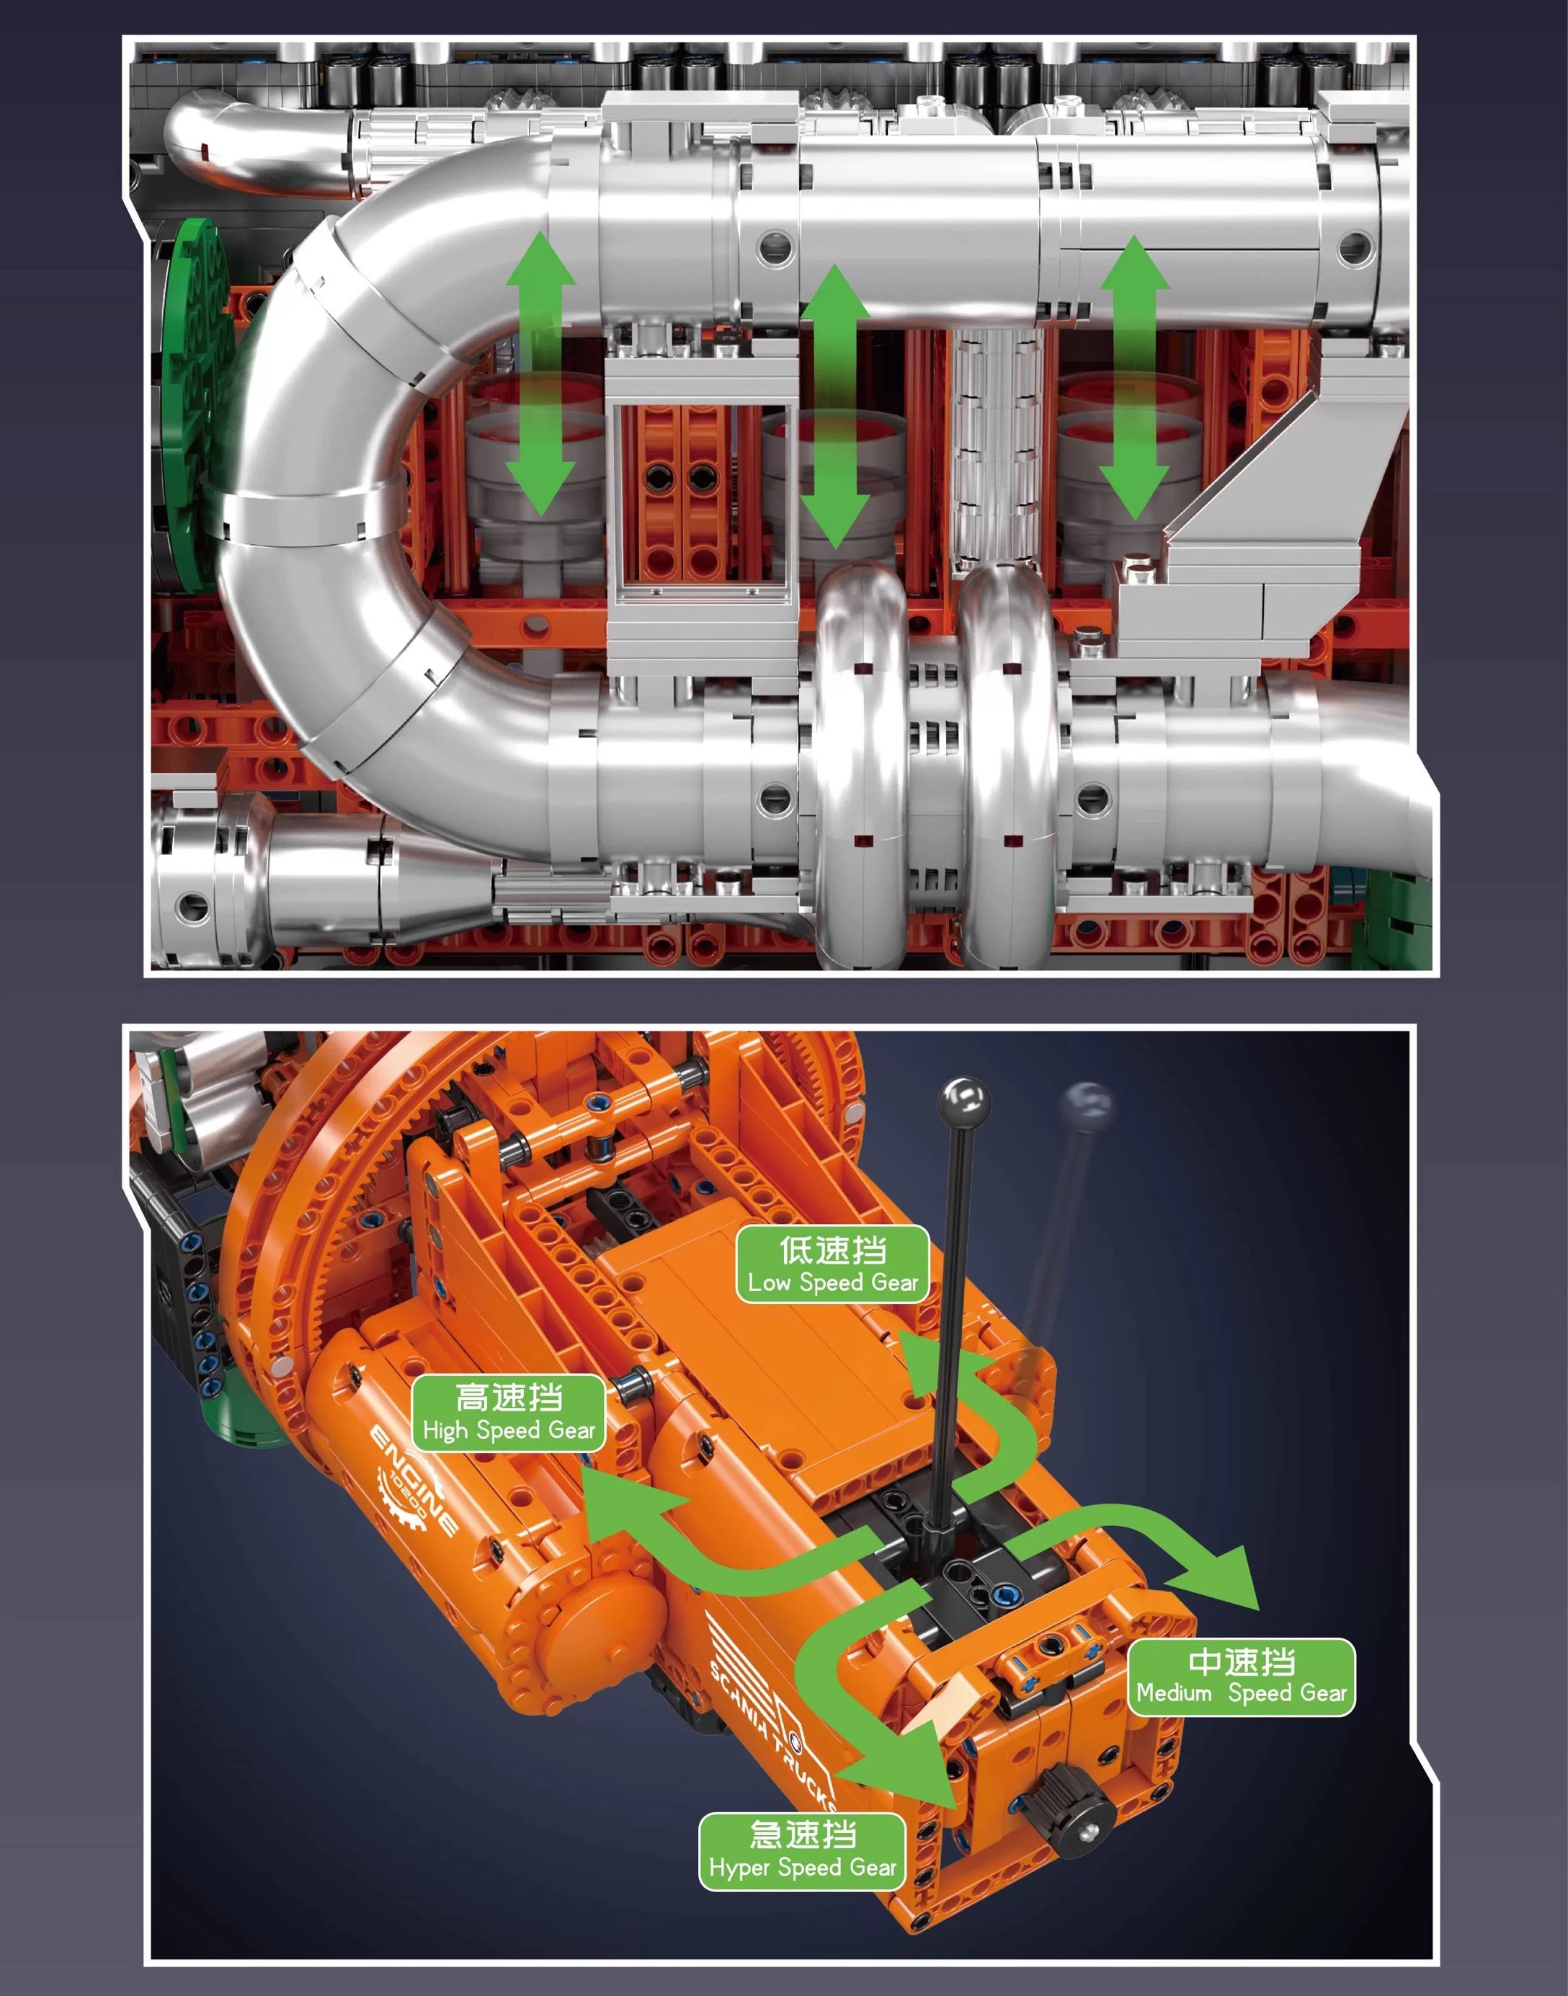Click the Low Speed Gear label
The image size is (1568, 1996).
click(833, 1264)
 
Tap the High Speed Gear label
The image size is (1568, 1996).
click(509, 1413)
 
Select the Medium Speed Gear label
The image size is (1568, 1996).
click(1241, 1677)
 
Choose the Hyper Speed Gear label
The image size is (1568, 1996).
click(802, 1851)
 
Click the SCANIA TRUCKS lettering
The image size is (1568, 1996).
click(771, 1730)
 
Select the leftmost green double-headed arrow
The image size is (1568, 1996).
click(540, 373)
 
